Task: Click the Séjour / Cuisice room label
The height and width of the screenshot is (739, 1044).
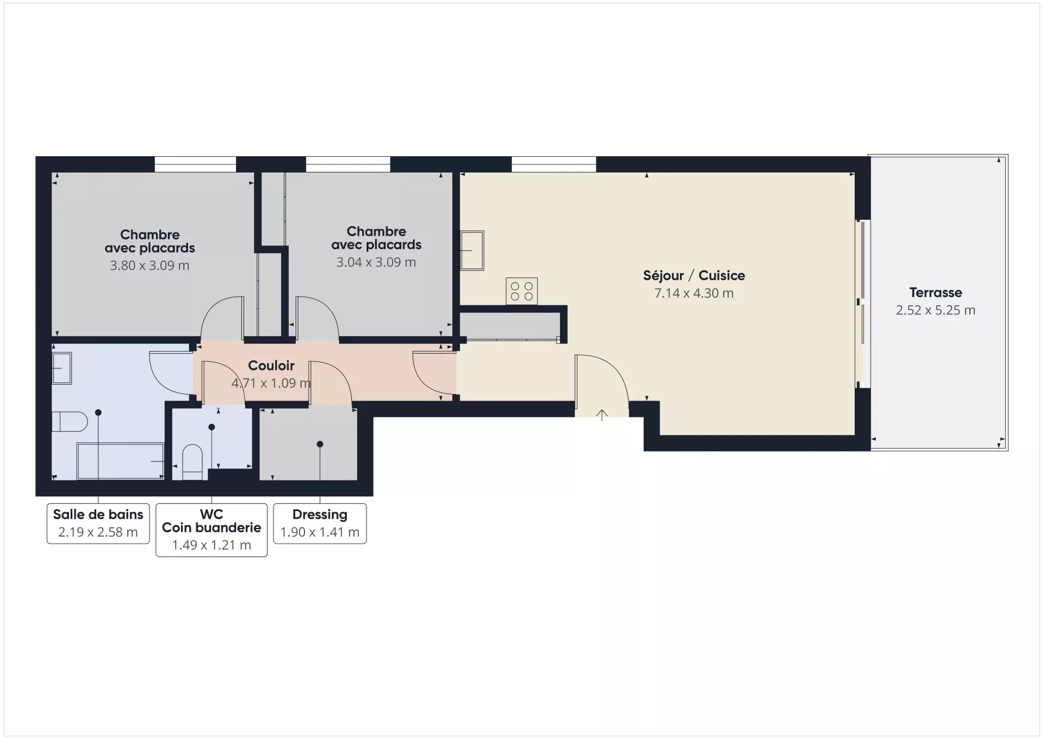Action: pyautogui.click(x=694, y=275)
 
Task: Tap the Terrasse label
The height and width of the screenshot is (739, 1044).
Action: pyautogui.click(x=935, y=293)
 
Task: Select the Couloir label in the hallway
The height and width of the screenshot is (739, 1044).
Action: pyautogui.click(x=271, y=366)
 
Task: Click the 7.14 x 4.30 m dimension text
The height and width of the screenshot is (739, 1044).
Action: pyautogui.click(x=694, y=293)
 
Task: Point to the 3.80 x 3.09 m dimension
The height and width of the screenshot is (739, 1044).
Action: pyautogui.click(x=150, y=266)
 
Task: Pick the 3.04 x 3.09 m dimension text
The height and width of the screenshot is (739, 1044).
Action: pyautogui.click(x=376, y=262)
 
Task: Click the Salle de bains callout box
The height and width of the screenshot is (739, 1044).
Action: pyautogui.click(x=98, y=524)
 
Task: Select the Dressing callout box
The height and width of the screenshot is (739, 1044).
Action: pyautogui.click(x=320, y=524)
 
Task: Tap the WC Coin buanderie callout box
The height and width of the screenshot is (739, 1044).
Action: pyautogui.click(x=212, y=530)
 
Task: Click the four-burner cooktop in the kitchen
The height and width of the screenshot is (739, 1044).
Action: pyautogui.click(x=522, y=291)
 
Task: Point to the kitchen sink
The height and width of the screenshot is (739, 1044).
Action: pyautogui.click(x=472, y=250)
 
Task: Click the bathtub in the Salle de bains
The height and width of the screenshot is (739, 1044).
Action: pyautogui.click(x=121, y=461)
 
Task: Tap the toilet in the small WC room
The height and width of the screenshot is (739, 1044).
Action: pyautogui.click(x=192, y=462)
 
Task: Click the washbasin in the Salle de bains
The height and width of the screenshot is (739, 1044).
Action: pyautogui.click(x=61, y=368)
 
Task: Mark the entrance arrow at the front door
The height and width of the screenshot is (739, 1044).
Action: pyautogui.click(x=602, y=415)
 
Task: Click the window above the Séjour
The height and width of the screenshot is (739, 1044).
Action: pyautogui.click(x=554, y=164)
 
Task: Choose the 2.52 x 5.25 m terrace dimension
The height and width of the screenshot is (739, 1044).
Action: pyautogui.click(x=935, y=310)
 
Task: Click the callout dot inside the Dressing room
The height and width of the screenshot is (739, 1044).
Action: pyautogui.click(x=320, y=445)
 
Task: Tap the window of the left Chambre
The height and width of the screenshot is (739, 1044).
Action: pyautogui.click(x=195, y=164)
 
